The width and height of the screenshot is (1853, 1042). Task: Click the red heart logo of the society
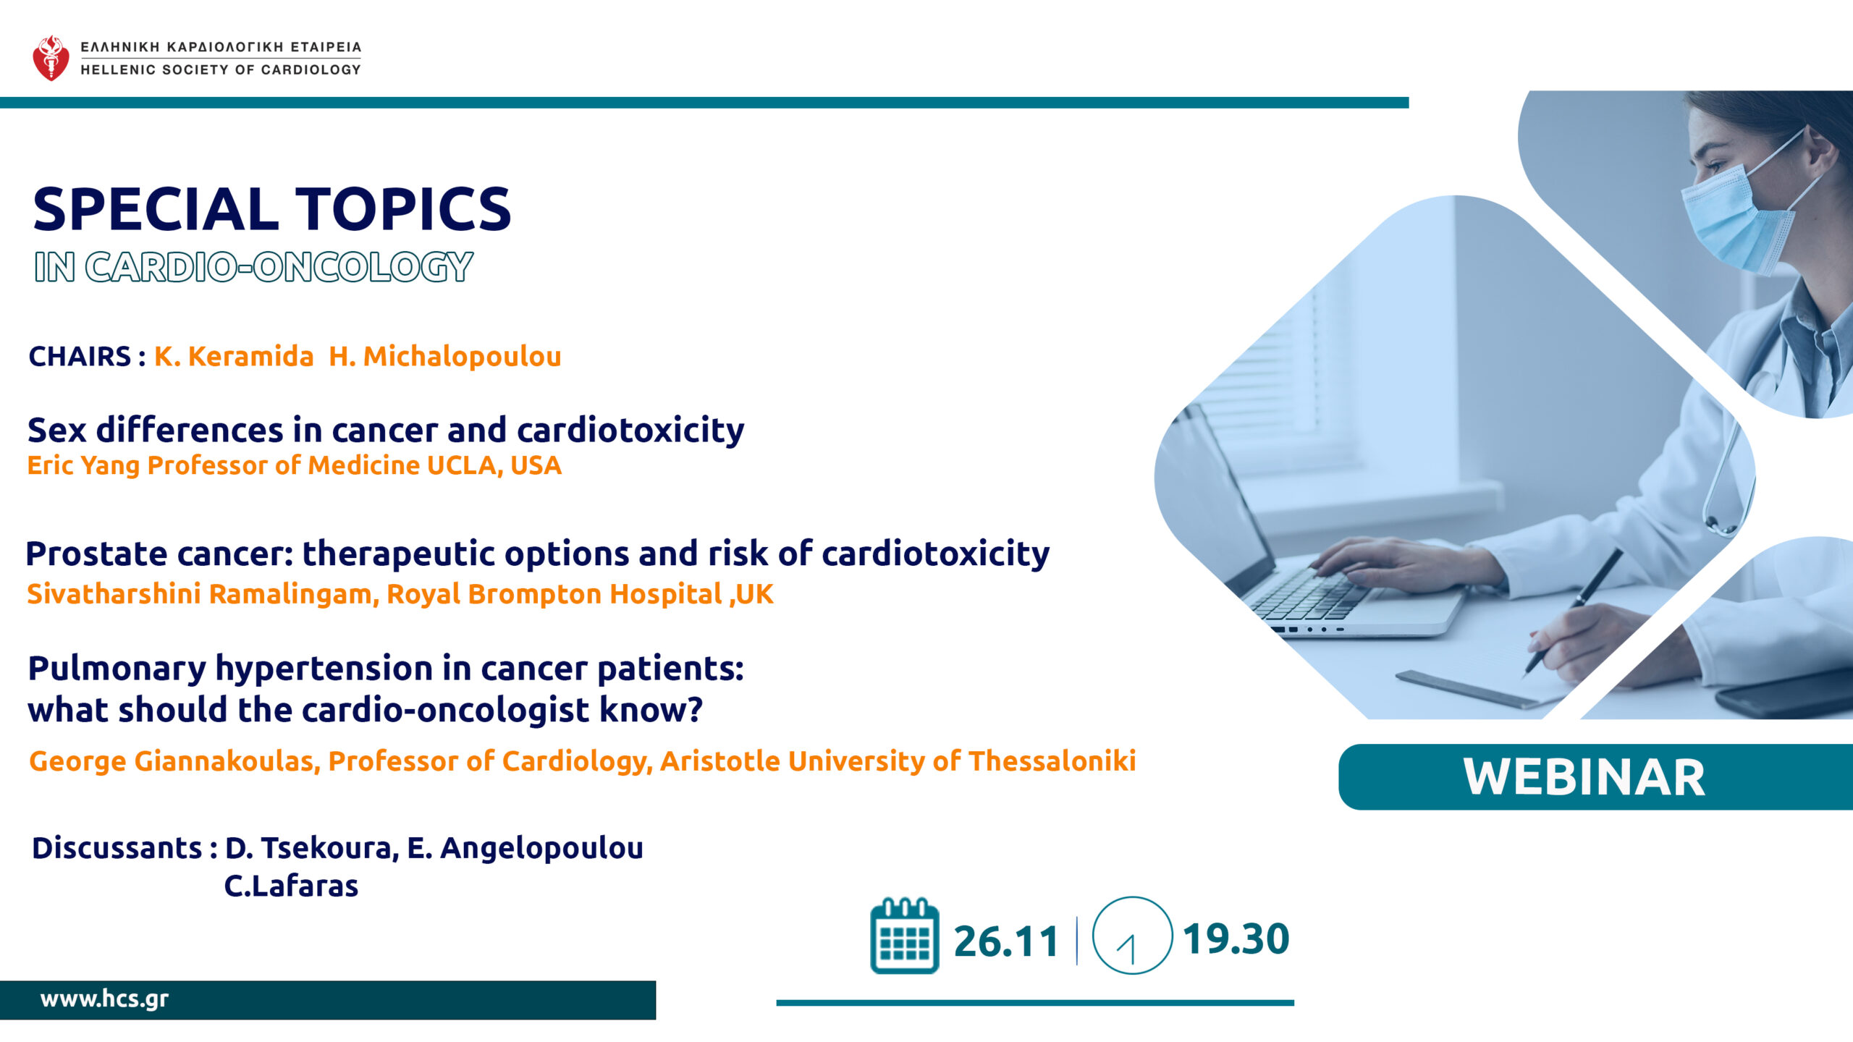coord(51,58)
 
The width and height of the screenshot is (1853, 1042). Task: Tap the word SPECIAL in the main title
coord(156,209)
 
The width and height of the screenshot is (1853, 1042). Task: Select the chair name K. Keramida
coord(234,357)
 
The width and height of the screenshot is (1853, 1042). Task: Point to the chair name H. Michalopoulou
coord(445,357)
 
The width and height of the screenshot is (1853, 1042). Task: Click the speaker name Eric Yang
coord(83,466)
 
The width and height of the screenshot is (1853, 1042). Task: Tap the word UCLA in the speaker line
coord(460,465)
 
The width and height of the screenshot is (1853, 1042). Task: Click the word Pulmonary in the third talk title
coord(117,669)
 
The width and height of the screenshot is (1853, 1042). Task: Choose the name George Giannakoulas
coord(174,761)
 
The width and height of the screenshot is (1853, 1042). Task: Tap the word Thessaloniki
coord(1052,761)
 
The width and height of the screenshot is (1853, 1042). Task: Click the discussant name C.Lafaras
coord(291,886)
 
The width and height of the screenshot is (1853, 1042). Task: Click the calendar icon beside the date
coord(904,936)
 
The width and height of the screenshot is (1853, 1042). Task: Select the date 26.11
coord(1006,941)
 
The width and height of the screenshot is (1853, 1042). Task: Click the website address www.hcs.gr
coord(104,999)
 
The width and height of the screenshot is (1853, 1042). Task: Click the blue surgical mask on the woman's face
coord(1737,217)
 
